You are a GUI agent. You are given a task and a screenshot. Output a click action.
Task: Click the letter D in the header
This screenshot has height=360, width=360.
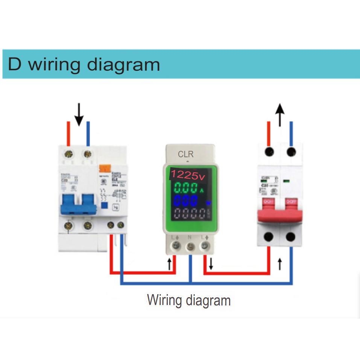pyautogui.click(x=15, y=64)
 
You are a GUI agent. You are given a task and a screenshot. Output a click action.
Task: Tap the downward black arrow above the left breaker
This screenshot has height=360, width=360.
pyautogui.click(x=79, y=115)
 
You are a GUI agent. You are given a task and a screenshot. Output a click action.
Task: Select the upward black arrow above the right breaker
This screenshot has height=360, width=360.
pyautogui.click(x=279, y=115)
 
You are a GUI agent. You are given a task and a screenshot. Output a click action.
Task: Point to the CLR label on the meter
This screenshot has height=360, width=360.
pyautogui.click(x=186, y=155)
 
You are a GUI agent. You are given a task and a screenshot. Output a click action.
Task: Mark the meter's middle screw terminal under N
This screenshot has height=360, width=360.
pyautogui.click(x=190, y=246)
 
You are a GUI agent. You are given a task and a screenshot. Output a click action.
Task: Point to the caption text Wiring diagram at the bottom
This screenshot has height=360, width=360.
pyautogui.click(x=188, y=301)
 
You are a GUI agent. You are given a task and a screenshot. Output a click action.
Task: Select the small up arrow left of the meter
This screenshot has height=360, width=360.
pyautogui.click(x=169, y=264)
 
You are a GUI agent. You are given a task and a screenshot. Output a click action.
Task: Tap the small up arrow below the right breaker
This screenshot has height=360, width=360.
pyautogui.click(x=279, y=264)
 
